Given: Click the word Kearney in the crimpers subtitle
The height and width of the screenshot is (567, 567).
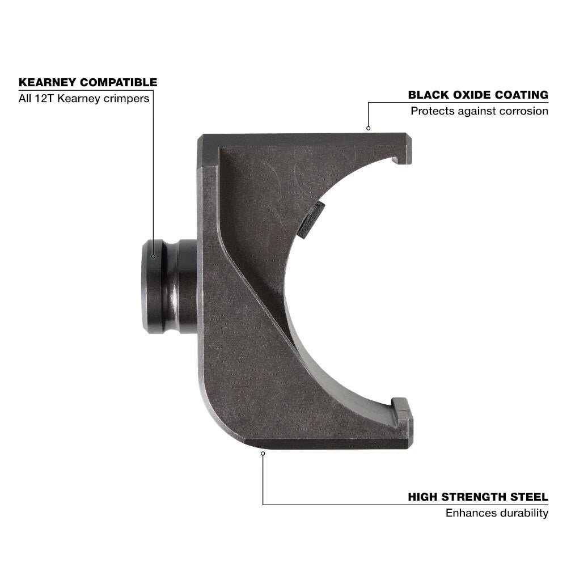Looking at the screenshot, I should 77,99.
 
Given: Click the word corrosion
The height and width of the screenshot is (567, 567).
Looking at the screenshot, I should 524,111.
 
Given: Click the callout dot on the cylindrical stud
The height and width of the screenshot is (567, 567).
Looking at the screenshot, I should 153,256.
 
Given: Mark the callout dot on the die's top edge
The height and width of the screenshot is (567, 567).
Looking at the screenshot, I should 368,128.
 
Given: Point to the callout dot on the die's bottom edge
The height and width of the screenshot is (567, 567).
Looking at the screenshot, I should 263,452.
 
